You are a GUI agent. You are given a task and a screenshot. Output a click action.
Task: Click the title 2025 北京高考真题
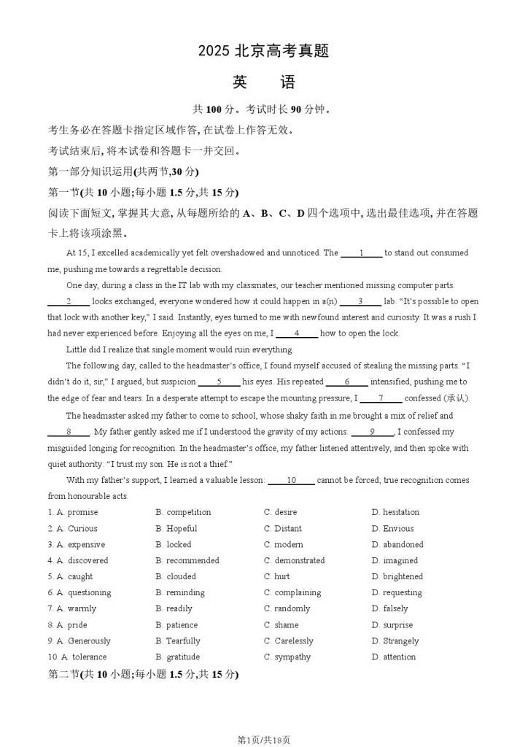click(x=264, y=51)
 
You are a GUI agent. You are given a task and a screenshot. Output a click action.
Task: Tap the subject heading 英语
click(x=264, y=82)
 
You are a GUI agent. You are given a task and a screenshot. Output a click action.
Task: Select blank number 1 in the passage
click(x=361, y=253)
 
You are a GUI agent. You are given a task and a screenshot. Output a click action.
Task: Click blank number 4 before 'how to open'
click(x=297, y=333)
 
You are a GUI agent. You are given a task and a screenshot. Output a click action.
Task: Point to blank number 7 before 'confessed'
click(x=381, y=398)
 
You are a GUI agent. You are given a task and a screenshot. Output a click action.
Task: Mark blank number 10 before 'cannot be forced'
click(x=291, y=480)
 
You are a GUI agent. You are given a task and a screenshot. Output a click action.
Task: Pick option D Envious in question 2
click(x=393, y=528)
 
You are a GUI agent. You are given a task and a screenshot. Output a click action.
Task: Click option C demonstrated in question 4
click(x=295, y=560)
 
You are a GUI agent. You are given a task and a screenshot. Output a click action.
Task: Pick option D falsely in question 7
click(x=390, y=608)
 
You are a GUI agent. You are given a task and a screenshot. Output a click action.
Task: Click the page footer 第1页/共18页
click(x=264, y=740)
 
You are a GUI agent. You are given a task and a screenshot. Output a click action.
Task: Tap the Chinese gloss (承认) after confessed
click(x=457, y=398)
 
